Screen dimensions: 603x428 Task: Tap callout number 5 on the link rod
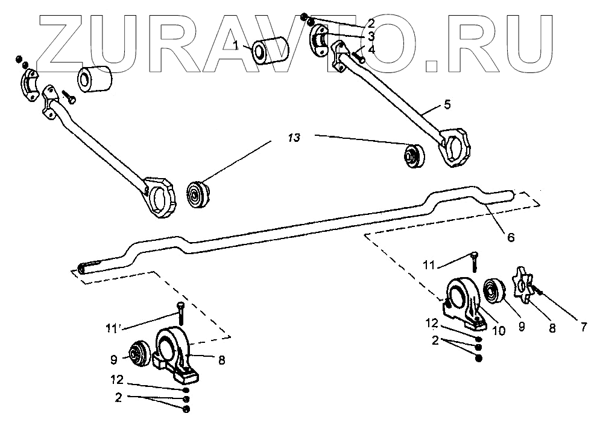[x=447, y=104]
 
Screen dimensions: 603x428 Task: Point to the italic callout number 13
[x=293, y=139]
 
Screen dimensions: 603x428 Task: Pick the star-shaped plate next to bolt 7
[x=522, y=286]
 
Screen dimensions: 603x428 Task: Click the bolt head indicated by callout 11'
[x=179, y=305]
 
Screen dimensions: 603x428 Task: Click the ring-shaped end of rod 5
[x=456, y=145]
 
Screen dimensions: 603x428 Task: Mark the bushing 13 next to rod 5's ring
[x=414, y=155]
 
